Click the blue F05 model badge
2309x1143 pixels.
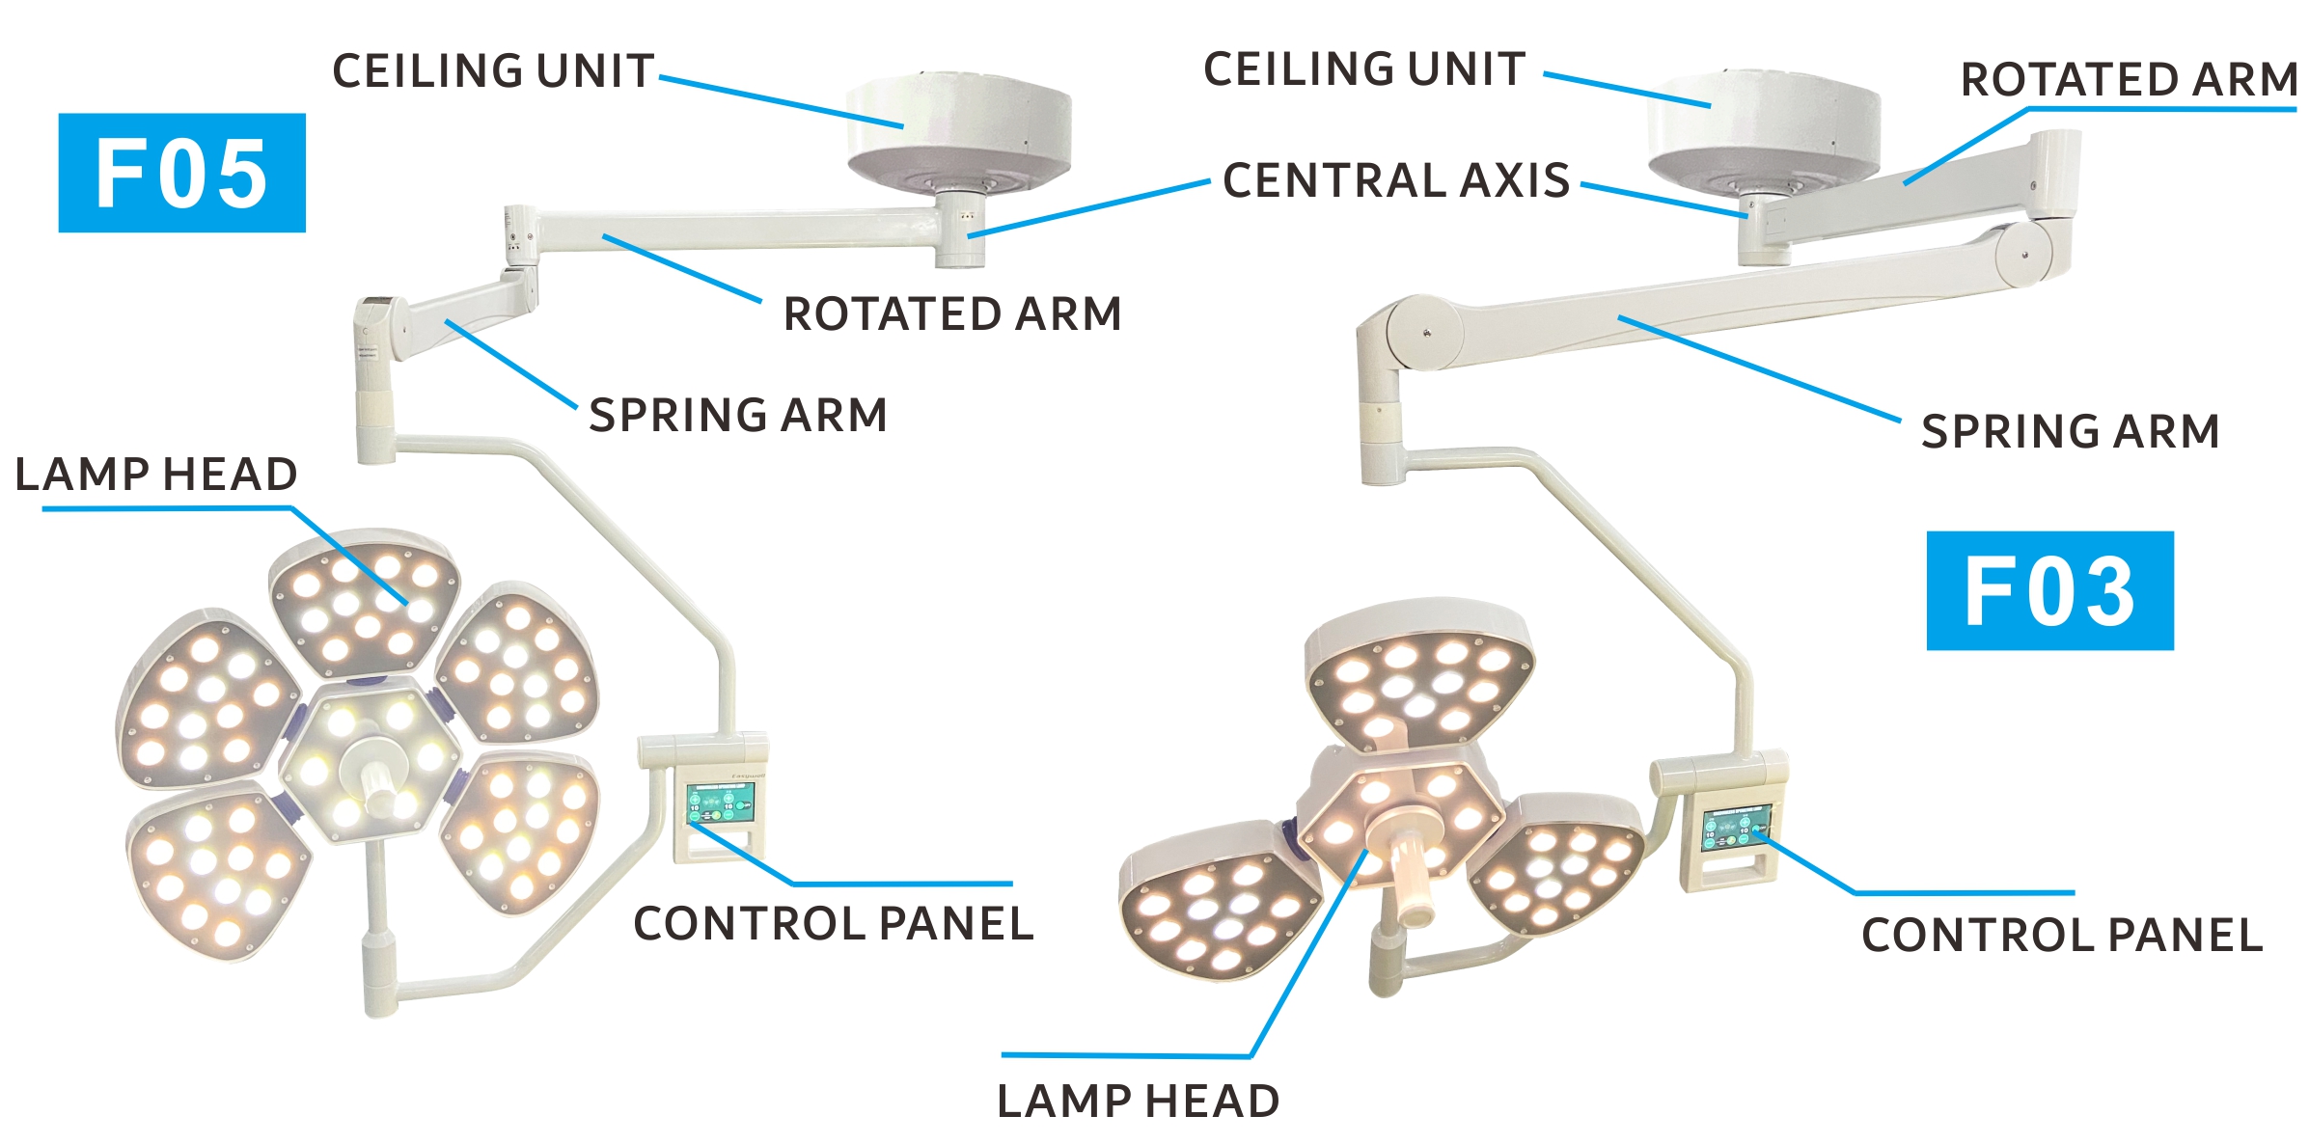181,173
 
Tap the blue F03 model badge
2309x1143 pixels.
2049,590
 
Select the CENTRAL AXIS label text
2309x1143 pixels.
1395,180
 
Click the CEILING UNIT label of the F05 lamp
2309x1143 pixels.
493,71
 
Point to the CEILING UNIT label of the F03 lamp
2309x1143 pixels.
1364,69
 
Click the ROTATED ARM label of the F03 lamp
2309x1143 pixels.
2129,80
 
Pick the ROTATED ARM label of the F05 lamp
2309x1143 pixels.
952,314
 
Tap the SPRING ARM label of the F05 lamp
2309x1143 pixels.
738,416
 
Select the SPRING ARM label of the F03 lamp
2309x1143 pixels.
2071,431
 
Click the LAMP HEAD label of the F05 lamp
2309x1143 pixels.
156,475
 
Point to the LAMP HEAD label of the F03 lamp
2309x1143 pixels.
1139,1102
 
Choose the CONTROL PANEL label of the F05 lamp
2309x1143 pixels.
834,924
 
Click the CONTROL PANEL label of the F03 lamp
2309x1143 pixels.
2062,936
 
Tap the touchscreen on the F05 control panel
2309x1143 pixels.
720,803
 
